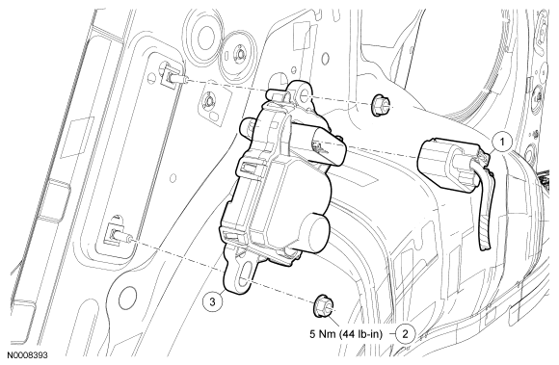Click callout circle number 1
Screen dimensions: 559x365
tap(502, 143)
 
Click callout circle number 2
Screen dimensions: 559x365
tap(405, 334)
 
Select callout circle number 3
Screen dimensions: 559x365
tap(212, 302)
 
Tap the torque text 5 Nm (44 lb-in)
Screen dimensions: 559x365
tap(346, 334)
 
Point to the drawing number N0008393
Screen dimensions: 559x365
tap(27, 355)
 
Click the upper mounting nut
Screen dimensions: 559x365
tap(378, 104)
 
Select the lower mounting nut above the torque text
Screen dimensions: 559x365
tap(324, 306)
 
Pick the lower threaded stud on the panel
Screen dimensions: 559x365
tap(120, 235)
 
